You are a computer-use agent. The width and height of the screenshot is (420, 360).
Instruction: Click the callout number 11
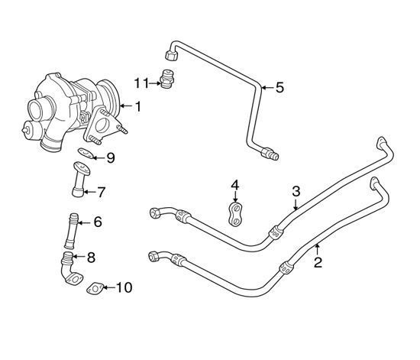141,83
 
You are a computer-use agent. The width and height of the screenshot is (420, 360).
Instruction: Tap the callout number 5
279,88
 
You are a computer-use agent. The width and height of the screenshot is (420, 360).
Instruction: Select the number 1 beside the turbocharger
138,106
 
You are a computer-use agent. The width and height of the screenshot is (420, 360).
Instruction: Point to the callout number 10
124,287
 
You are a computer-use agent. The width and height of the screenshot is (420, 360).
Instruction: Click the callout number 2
318,262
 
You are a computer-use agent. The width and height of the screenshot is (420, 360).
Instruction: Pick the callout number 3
296,191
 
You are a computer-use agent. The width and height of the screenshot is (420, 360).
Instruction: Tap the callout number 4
234,185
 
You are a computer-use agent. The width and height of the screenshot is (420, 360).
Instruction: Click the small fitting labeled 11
167,79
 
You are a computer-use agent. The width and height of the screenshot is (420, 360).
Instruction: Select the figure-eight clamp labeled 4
235,214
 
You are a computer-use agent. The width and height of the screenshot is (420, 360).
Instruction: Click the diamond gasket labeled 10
95,289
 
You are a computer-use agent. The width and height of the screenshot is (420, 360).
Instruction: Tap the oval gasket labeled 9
86,153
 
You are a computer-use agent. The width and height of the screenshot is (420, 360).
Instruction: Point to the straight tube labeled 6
71,231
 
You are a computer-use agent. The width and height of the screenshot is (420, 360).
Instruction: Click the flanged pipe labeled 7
79,179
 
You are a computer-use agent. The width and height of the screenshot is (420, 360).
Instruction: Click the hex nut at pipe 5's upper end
170,56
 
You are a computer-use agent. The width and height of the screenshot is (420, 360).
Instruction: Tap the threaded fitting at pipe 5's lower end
270,154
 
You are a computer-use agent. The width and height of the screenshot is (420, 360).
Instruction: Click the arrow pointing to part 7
90,192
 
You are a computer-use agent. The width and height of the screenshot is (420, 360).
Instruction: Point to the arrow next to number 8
79,257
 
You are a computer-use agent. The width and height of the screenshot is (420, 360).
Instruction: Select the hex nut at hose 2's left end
153,256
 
